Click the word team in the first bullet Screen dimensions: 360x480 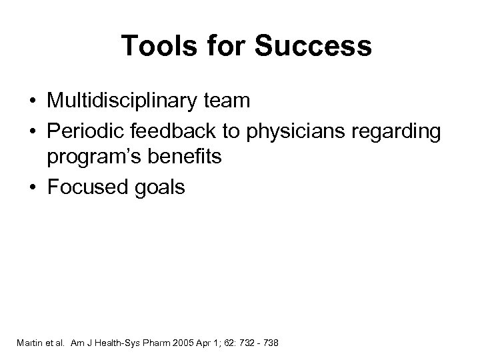click(226, 101)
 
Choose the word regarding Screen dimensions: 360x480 click(399, 131)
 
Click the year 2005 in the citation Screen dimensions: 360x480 click(179, 343)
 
